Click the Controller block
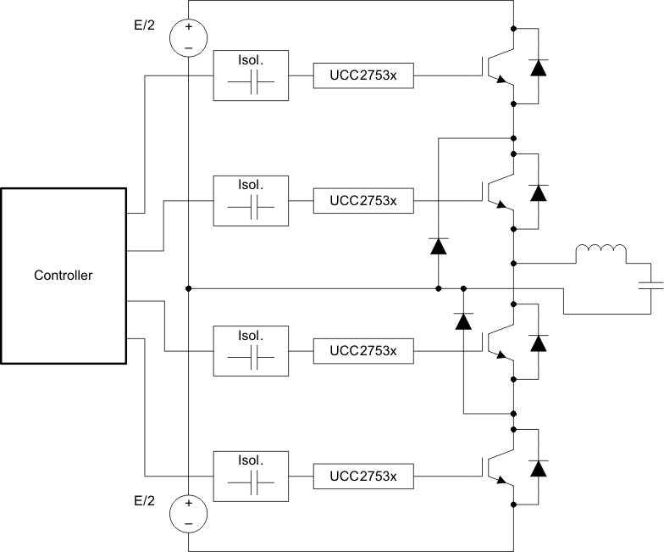click(x=64, y=275)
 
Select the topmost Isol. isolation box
click(x=252, y=75)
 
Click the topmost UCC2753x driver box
click(x=362, y=75)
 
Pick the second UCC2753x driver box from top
click(x=362, y=201)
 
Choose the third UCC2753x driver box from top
click(x=362, y=350)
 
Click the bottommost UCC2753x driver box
click(x=362, y=477)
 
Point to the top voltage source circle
click(x=188, y=37)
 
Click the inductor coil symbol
click(x=600, y=254)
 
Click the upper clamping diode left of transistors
click(x=438, y=247)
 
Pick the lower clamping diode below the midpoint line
click(x=463, y=321)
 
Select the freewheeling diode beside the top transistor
click(x=538, y=69)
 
